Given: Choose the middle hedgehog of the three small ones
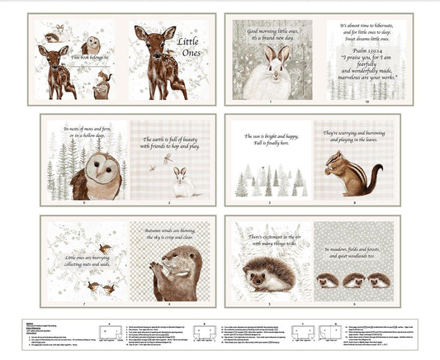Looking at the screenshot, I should (354, 281).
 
